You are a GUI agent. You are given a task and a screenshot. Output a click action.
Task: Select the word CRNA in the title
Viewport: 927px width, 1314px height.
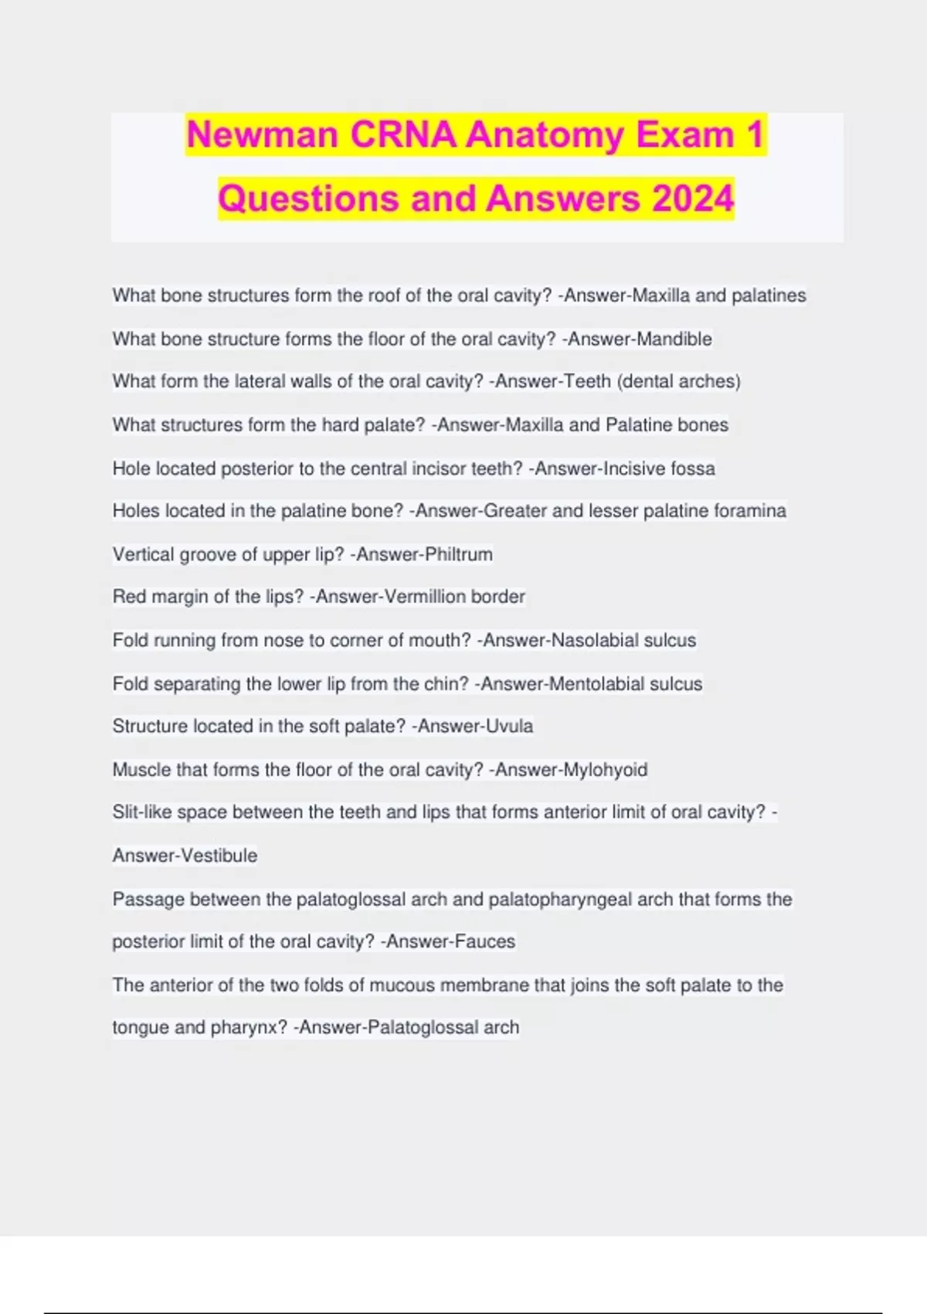(x=403, y=135)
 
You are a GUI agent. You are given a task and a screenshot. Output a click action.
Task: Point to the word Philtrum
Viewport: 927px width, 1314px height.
(x=458, y=554)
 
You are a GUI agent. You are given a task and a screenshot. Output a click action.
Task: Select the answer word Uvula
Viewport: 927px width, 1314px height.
(x=505, y=727)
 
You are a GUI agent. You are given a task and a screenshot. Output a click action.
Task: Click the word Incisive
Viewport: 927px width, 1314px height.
(x=635, y=468)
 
